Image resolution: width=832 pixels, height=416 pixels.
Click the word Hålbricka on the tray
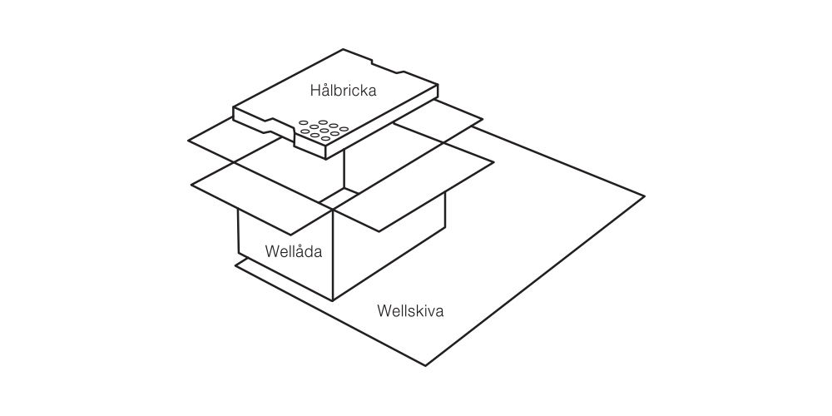(x=343, y=91)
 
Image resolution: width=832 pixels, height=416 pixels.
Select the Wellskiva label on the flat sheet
(x=410, y=312)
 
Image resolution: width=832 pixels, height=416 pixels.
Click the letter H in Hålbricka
(x=314, y=91)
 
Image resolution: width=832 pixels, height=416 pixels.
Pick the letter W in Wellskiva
(x=383, y=312)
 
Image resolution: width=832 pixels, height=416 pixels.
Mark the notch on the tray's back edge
(x=384, y=62)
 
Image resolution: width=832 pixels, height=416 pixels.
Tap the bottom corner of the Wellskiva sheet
(x=427, y=365)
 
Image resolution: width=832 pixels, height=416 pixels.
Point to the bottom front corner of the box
(x=333, y=300)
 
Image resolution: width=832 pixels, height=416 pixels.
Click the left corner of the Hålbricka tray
(x=234, y=108)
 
